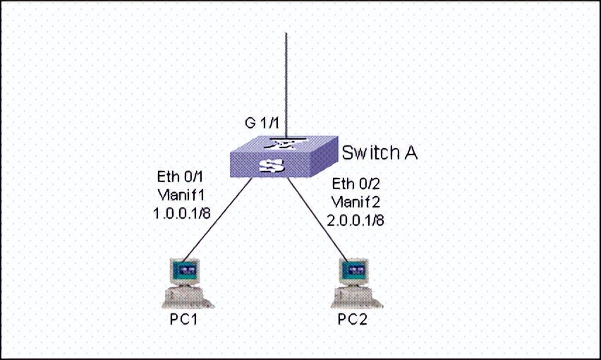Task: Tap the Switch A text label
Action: pyautogui.click(x=379, y=152)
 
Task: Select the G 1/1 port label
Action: pyautogui.click(x=262, y=123)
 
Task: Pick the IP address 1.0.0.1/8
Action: pyautogui.click(x=182, y=212)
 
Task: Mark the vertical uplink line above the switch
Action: pyautogui.click(x=286, y=78)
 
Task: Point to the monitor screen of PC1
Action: pyautogui.click(x=186, y=270)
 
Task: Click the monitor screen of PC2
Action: pyautogui.click(x=355, y=270)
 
